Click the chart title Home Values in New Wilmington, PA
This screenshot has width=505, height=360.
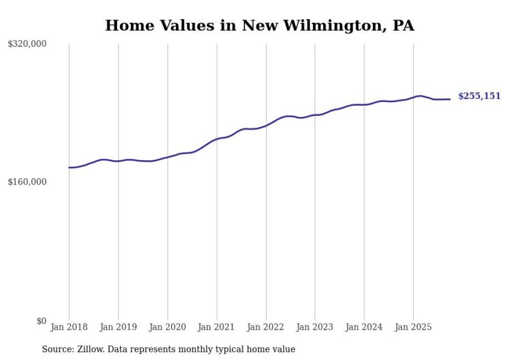[260, 25]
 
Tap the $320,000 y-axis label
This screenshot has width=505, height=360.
[27, 44]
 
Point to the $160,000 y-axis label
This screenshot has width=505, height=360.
[27, 182]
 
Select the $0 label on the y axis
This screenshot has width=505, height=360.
[41, 321]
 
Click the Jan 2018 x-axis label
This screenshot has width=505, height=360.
[69, 327]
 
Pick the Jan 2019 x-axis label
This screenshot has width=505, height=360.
[118, 327]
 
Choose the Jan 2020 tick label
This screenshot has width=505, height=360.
[167, 327]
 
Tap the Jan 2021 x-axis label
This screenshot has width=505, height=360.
[216, 327]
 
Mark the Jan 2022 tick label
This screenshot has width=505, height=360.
[266, 327]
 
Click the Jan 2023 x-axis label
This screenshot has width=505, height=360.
[315, 327]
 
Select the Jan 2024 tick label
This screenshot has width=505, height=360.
[364, 327]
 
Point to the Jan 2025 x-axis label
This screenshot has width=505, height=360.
[413, 327]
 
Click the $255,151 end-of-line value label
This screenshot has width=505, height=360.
[479, 96]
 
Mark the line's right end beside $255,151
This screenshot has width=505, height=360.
[450, 99]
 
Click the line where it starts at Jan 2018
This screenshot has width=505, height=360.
[70, 167]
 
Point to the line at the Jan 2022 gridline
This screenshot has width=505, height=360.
[266, 125]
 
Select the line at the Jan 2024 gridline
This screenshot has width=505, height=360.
[364, 105]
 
